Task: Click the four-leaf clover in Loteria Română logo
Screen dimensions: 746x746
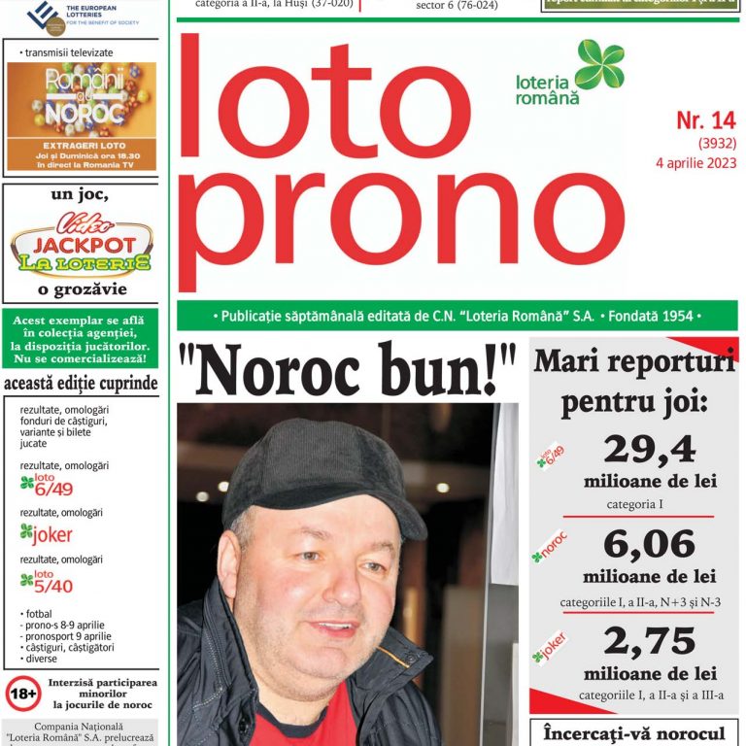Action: pyautogui.click(x=599, y=64)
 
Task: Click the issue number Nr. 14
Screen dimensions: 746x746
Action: pyautogui.click(x=706, y=121)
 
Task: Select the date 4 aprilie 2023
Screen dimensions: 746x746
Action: pyautogui.click(x=695, y=162)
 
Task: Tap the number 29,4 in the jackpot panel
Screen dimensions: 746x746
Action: pyautogui.click(x=649, y=449)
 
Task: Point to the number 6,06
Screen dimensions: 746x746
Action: pyautogui.click(x=649, y=544)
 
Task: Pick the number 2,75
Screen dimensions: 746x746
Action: pyautogui.click(x=649, y=641)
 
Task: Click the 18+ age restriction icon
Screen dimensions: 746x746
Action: pyautogui.click(x=23, y=694)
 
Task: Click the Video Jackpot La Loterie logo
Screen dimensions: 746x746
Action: pyautogui.click(x=81, y=244)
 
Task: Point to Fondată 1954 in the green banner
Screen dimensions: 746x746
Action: pyautogui.click(x=653, y=317)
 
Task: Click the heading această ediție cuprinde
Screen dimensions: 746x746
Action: pyautogui.click(x=81, y=384)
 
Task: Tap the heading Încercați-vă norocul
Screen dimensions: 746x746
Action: pyautogui.click(x=634, y=733)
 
